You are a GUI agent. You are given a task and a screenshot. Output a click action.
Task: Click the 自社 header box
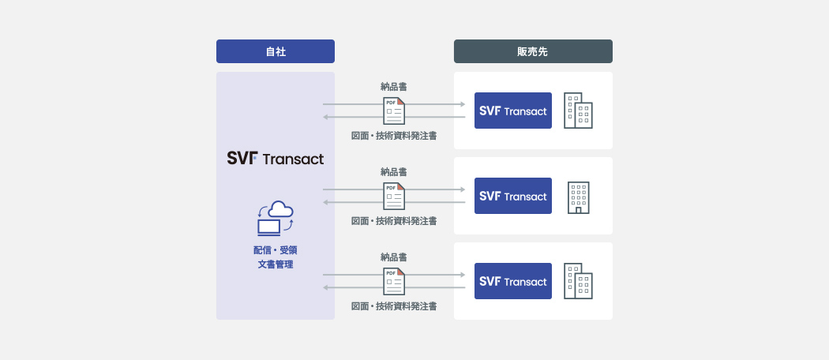pos(276,51)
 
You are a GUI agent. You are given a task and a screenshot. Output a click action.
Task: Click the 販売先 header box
pos(533,51)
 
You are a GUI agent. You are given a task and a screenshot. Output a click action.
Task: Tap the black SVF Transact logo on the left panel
pos(276,158)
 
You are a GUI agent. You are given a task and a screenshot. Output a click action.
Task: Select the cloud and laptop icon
pos(275,218)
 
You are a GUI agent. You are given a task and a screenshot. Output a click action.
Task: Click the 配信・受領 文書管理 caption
pos(276,257)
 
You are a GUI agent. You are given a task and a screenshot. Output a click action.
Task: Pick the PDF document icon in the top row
pos(394,111)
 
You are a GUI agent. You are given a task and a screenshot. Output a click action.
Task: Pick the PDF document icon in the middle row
pos(394,197)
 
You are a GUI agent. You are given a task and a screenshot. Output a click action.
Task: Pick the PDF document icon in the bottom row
pos(394,282)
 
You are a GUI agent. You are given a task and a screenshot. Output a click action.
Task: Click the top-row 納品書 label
pos(394,87)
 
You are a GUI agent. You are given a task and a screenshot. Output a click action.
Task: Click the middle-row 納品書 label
pos(394,172)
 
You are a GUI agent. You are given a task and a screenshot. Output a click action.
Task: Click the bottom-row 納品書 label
pos(394,257)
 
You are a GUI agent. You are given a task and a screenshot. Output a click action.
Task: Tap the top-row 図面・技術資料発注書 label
pos(394,136)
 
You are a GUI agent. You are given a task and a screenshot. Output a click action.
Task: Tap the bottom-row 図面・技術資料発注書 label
pos(394,306)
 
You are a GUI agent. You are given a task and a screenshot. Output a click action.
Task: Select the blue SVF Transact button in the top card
pos(513,111)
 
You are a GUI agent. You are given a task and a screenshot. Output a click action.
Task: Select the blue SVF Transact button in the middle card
pos(513,196)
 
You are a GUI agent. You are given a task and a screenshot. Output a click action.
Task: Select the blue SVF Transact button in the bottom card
pos(513,281)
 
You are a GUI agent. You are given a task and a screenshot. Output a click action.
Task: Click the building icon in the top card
pos(578,111)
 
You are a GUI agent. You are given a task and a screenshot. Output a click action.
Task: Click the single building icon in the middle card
pos(578,197)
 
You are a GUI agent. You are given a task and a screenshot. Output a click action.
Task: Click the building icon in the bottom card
pos(578,281)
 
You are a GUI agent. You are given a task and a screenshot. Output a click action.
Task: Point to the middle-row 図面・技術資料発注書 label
pos(394,221)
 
